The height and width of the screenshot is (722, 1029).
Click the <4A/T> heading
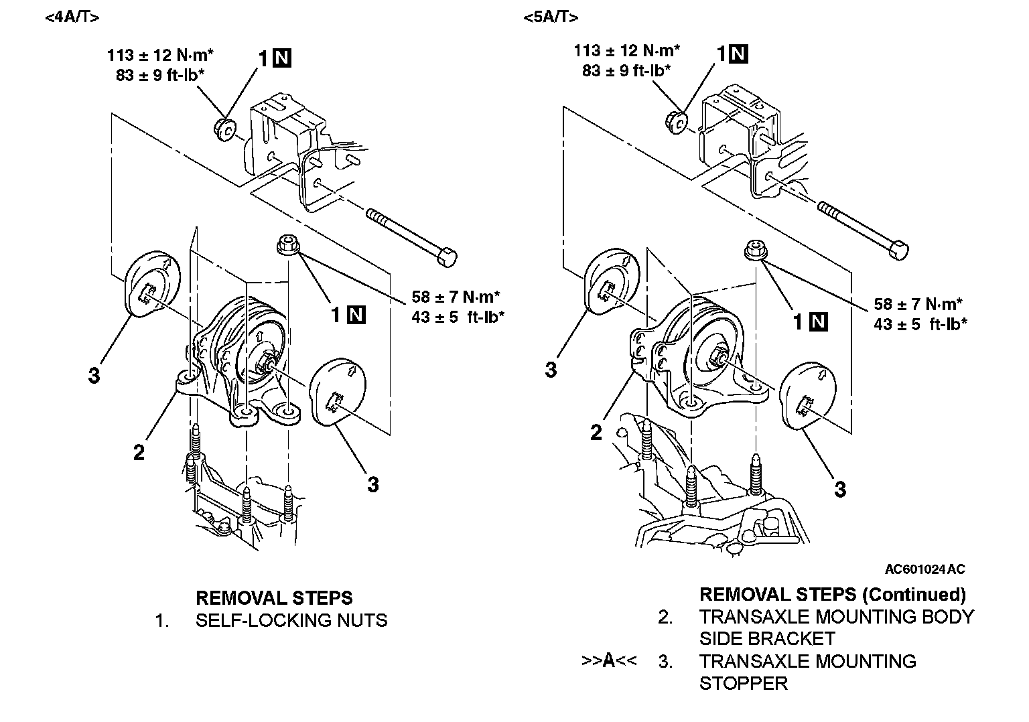(72, 18)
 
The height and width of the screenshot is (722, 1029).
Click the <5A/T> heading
(551, 18)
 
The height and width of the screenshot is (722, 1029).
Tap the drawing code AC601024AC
(924, 569)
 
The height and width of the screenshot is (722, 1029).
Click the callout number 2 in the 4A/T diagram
(139, 453)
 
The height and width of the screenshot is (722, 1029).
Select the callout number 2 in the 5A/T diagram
(596, 433)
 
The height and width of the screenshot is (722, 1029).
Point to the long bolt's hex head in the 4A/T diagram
(448, 257)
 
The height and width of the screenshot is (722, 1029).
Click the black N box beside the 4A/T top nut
(282, 59)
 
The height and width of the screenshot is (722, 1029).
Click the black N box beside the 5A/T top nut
(739, 54)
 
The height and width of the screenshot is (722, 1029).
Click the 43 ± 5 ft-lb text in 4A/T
(458, 316)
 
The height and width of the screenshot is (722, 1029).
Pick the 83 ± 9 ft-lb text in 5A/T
(626, 70)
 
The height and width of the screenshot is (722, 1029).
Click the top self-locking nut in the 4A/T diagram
(224, 127)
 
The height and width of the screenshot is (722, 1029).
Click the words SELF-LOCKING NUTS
(291, 620)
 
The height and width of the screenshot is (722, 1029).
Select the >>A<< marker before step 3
(608, 661)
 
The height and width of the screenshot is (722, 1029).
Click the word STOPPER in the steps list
(743, 683)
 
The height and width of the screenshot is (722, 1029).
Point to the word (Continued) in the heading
(914, 594)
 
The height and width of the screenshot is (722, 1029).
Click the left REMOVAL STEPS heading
(273, 597)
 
